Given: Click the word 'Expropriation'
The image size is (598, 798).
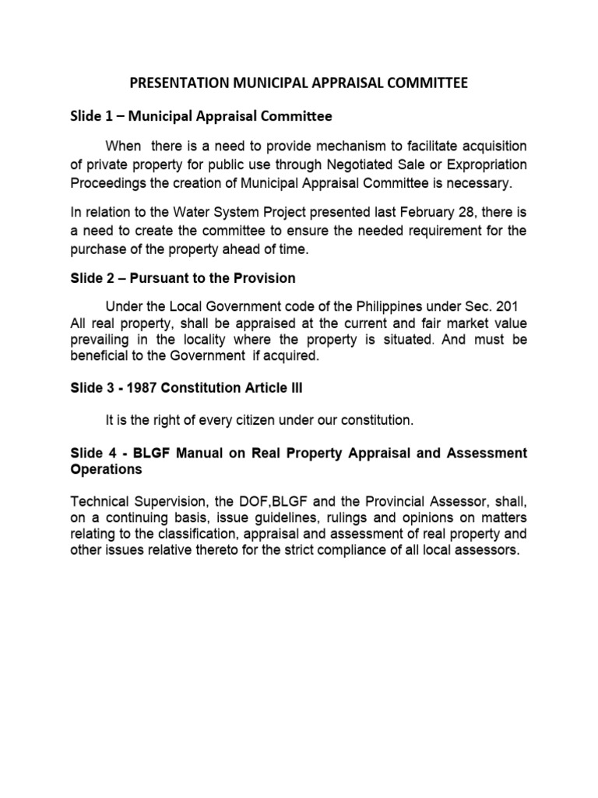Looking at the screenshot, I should (x=487, y=165).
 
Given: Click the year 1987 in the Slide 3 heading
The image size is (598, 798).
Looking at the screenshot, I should (x=130, y=389).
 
